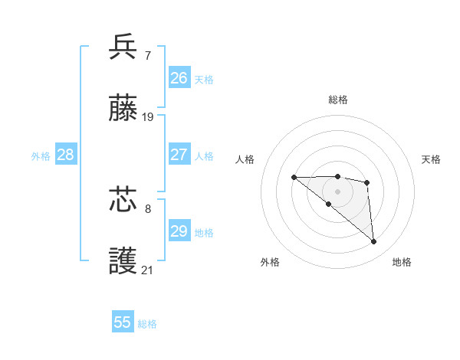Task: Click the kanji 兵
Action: [x=123, y=47]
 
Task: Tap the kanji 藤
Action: [x=123, y=109]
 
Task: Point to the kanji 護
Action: [x=123, y=261]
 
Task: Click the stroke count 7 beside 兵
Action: [x=147, y=55]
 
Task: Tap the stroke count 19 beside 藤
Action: [x=148, y=117]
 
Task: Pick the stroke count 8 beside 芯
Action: [x=148, y=208]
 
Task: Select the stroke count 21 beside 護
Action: [x=148, y=270]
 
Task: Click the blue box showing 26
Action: [x=179, y=78]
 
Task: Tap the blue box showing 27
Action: [x=179, y=154]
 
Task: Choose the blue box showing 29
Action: [x=179, y=231]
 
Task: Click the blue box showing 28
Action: [x=66, y=154]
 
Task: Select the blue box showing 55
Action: [x=123, y=322]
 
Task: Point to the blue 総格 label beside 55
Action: [x=147, y=324]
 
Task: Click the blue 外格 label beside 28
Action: [x=41, y=155]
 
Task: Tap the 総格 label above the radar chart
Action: [x=338, y=100]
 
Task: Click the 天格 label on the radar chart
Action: [x=432, y=159]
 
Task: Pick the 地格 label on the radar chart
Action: [x=402, y=262]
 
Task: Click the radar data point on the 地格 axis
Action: [x=374, y=242]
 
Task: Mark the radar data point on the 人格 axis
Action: [x=294, y=178]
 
